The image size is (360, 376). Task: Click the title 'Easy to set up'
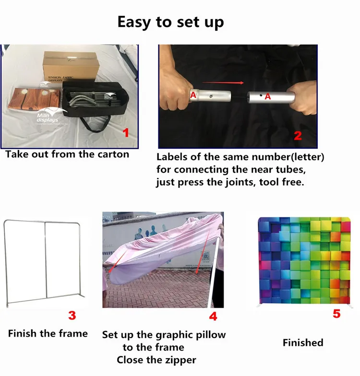tap(170, 22)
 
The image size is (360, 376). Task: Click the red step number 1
tap(126, 133)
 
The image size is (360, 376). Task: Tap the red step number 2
tap(298, 135)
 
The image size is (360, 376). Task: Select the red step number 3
tap(72, 315)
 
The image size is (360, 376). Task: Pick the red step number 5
tap(337, 314)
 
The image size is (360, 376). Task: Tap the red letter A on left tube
tap(193, 94)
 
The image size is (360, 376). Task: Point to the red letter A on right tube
tap(268, 96)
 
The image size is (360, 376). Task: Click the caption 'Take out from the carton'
tap(67, 154)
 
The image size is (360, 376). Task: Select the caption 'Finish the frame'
tap(48, 333)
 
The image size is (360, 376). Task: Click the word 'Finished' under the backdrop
tap(303, 342)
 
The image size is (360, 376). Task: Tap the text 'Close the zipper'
tap(156, 359)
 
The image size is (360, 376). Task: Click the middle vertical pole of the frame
tap(46, 261)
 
